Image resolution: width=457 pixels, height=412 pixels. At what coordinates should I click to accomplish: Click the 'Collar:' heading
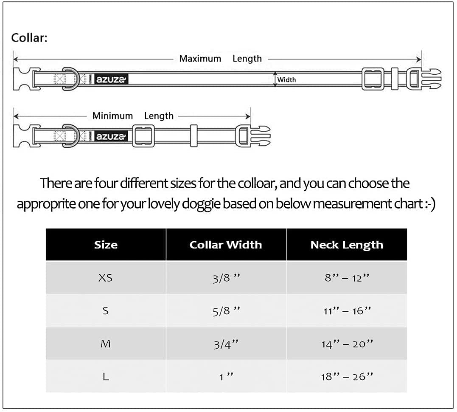[x=29, y=38]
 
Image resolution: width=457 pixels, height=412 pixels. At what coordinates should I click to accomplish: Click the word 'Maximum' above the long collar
[x=200, y=59]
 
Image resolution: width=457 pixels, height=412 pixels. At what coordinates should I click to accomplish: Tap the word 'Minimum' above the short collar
[x=112, y=116]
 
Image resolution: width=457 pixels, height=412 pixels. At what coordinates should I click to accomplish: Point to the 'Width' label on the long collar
[x=286, y=80]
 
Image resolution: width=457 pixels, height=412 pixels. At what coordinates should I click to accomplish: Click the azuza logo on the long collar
[x=111, y=79]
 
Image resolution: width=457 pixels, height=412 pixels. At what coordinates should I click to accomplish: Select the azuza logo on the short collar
[x=111, y=136]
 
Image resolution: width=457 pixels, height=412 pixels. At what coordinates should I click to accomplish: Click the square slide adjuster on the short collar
[x=143, y=136]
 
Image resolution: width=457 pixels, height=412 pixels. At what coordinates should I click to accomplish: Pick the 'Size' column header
[x=106, y=245]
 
